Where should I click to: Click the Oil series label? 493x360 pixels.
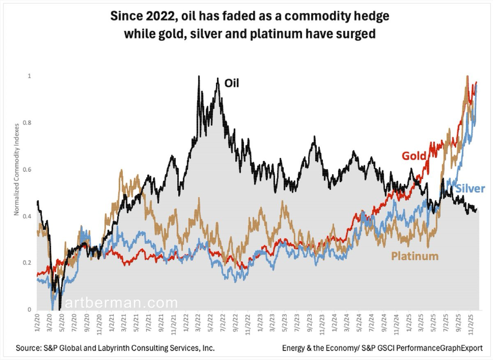(x=232, y=83)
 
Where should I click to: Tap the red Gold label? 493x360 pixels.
(x=414, y=156)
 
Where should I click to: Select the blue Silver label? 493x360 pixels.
(x=470, y=189)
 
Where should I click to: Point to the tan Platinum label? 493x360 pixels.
(x=415, y=256)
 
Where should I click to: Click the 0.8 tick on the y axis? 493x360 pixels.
(x=27, y=123)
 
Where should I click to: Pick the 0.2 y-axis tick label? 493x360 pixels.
(x=27, y=263)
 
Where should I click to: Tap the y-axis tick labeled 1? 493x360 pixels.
(x=29, y=76)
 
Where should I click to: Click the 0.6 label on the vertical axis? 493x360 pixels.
(x=27, y=170)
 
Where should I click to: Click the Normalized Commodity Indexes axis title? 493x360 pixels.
(x=16, y=170)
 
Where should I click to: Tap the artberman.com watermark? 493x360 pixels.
(x=121, y=303)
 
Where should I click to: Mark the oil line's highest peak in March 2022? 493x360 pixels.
(x=199, y=76)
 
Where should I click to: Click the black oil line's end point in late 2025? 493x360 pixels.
(x=477, y=209)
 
